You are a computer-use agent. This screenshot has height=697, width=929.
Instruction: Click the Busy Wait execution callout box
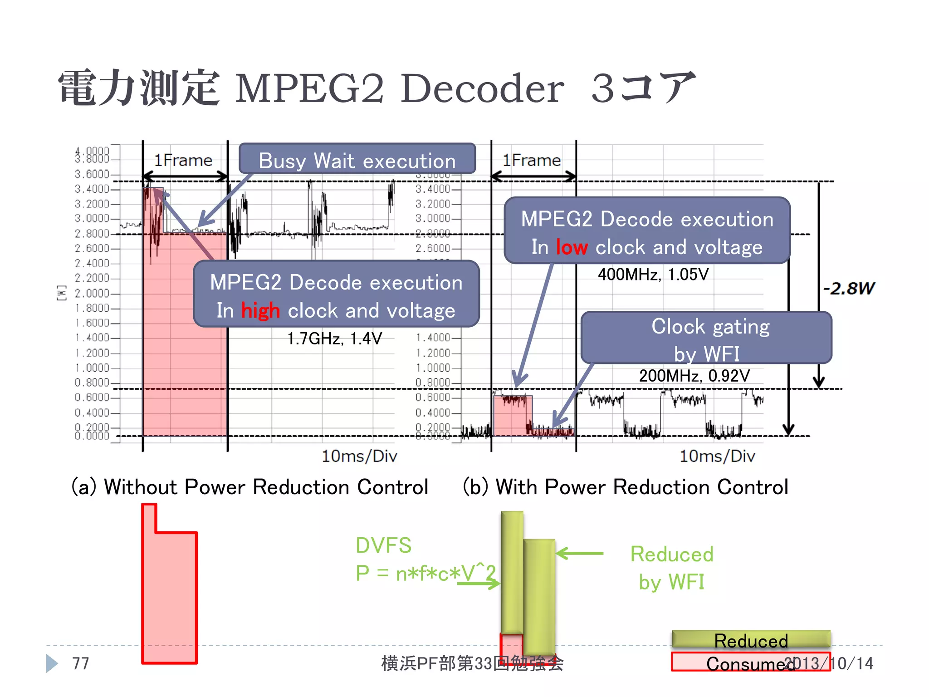tap(357, 160)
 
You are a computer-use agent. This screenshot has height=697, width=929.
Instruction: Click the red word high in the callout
tap(260, 311)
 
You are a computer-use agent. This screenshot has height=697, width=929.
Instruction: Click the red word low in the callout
tap(572, 247)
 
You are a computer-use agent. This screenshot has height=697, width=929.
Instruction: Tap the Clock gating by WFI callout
tap(706, 338)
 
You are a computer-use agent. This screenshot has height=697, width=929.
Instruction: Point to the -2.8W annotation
tap(848, 288)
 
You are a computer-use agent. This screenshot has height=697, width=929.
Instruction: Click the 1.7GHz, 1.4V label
tap(334, 339)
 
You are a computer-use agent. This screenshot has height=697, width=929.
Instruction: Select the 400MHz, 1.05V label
tap(653, 274)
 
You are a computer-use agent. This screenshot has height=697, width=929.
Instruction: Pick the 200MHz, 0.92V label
tap(694, 376)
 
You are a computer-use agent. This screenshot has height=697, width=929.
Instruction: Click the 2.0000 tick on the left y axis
tap(92, 293)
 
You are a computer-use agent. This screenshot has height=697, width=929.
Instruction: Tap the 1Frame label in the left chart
tap(183, 160)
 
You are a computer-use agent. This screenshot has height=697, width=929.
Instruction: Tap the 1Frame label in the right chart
tap(532, 160)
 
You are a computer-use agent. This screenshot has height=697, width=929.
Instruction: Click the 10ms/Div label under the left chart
tap(359, 456)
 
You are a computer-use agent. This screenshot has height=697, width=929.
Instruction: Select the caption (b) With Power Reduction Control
tap(625, 487)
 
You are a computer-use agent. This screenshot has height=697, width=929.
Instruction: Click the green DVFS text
tap(383, 545)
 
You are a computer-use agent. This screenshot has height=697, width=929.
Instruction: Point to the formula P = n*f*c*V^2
tap(425, 573)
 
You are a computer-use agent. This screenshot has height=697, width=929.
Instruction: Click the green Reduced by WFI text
tap(672, 568)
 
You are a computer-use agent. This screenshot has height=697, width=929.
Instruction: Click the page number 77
tap(81, 663)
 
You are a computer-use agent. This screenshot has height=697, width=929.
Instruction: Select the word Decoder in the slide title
tap(482, 88)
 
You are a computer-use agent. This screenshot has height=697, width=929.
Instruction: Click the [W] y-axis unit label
tap(61, 293)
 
